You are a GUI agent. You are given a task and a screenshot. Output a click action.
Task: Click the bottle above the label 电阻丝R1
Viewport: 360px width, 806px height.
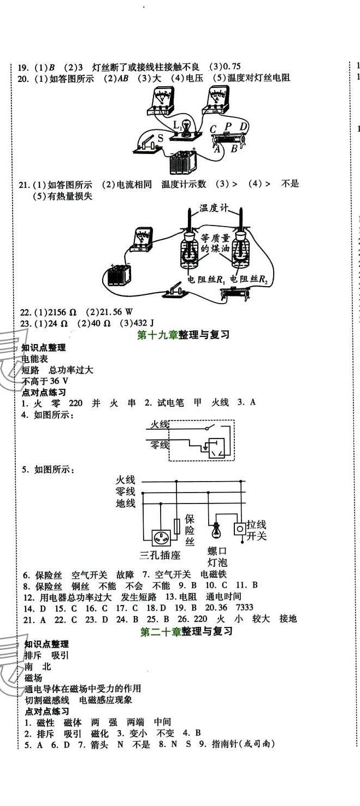[x=191, y=250]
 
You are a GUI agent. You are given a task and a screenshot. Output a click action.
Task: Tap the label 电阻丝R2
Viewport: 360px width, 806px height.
[x=250, y=280]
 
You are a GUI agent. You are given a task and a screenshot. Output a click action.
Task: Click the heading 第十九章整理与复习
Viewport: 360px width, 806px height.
[x=182, y=335]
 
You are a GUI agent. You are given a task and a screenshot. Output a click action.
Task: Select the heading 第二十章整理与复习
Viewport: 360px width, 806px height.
[x=186, y=632]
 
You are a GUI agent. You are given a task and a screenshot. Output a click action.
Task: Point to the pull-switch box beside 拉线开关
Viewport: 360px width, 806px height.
[x=239, y=529]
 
